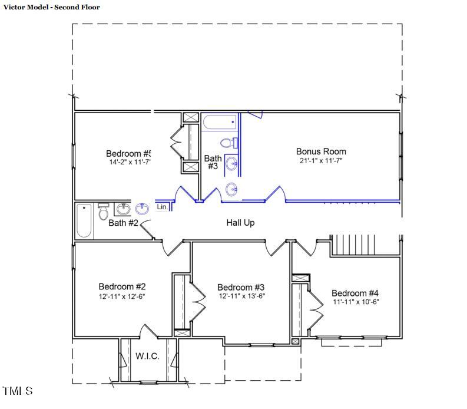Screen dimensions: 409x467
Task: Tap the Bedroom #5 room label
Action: (x=128, y=153)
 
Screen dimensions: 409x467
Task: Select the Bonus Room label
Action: (x=321, y=151)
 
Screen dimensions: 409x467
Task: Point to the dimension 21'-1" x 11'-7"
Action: (x=321, y=160)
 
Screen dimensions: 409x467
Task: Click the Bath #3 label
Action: (x=213, y=162)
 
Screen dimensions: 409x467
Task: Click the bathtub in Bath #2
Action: (x=84, y=220)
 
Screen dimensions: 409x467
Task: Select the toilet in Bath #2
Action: (x=104, y=210)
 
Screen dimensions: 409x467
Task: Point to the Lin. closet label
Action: (x=163, y=207)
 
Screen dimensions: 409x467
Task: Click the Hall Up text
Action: (x=240, y=223)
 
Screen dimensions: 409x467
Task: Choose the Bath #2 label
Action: (x=123, y=223)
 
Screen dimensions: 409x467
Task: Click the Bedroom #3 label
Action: (x=241, y=287)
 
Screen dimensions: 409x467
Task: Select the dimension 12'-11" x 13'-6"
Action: (x=241, y=296)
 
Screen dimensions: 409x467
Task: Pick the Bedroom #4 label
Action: (x=355, y=293)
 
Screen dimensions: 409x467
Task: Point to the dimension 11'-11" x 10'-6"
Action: (x=355, y=302)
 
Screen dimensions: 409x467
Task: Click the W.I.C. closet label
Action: (x=147, y=356)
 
